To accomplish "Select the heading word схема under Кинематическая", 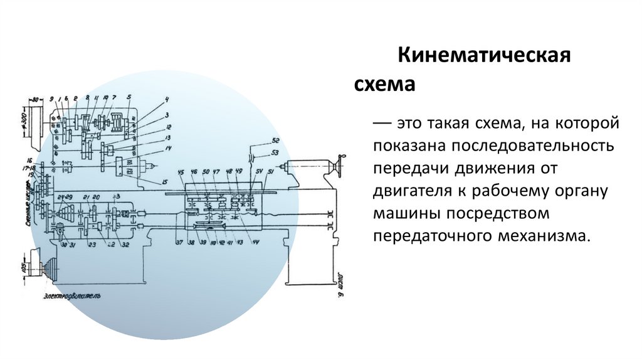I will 385,83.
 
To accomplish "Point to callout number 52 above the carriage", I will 275,140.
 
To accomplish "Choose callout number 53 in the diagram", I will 275,152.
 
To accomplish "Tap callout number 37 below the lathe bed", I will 180,242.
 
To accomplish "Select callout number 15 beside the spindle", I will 164,182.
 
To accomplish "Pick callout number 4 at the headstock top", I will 167,100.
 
